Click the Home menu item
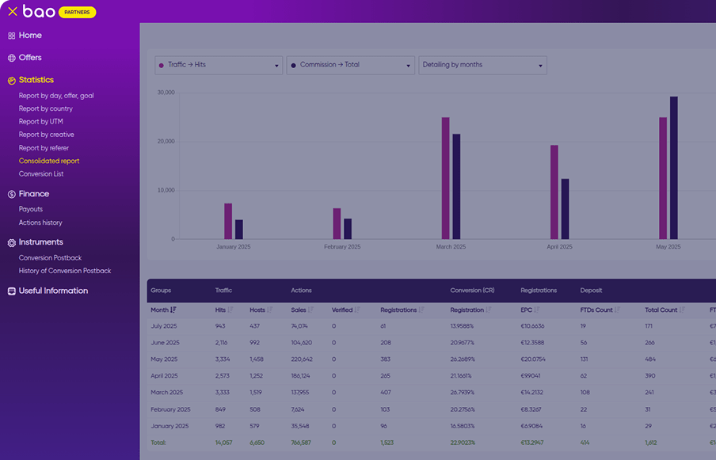click(30, 36)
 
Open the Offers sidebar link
click(30, 58)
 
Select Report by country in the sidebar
click(46, 108)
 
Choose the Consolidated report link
click(49, 161)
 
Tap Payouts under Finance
click(31, 209)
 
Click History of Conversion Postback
click(65, 271)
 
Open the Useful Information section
click(53, 291)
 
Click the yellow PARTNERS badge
click(78, 12)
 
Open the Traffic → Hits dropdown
click(219, 65)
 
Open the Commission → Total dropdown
click(351, 65)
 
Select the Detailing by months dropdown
click(483, 65)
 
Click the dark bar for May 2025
click(674, 168)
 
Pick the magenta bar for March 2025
click(445, 178)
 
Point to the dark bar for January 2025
click(239, 229)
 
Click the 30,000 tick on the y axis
click(166, 93)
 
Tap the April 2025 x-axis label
click(559, 247)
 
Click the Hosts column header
click(257, 310)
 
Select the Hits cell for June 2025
click(221, 343)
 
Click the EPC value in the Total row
click(532, 443)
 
